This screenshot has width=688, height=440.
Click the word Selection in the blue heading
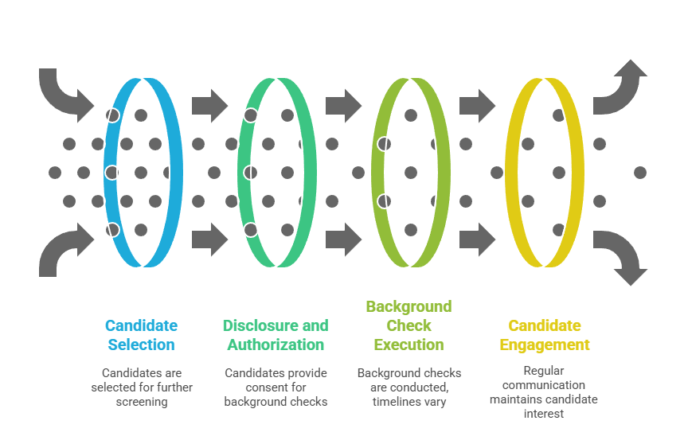141,345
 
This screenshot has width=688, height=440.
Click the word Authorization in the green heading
276,345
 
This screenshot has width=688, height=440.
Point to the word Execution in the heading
408,345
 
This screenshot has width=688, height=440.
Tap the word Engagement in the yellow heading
545,345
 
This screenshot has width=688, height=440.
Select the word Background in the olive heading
408,306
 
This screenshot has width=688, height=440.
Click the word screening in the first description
141,402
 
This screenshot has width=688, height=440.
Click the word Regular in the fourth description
544,371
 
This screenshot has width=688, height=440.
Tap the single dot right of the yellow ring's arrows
639,172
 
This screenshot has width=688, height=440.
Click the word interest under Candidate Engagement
544,413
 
